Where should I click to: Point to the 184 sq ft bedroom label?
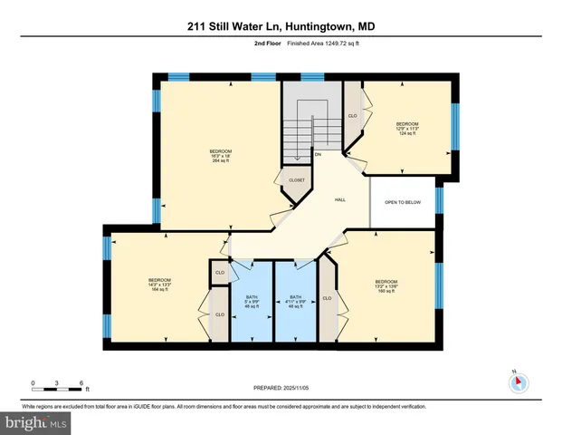pyautogui.click(x=159, y=285)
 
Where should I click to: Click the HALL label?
pyautogui.click(x=340, y=199)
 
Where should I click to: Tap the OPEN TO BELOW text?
pyautogui.click(x=403, y=201)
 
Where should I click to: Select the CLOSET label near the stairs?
pyautogui.click(x=297, y=180)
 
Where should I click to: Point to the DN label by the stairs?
pyautogui.click(x=318, y=154)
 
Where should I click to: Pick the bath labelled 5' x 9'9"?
pyautogui.click(x=252, y=302)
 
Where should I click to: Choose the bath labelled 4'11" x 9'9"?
pyautogui.click(x=295, y=302)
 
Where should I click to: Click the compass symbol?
pyautogui.click(x=518, y=382)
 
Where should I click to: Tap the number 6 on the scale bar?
pyautogui.click(x=82, y=382)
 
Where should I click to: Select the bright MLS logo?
pyautogui.click(x=35, y=422)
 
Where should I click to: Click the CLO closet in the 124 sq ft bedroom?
pyautogui.click(x=352, y=115)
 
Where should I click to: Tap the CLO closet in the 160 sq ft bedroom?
pyautogui.click(x=327, y=297)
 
